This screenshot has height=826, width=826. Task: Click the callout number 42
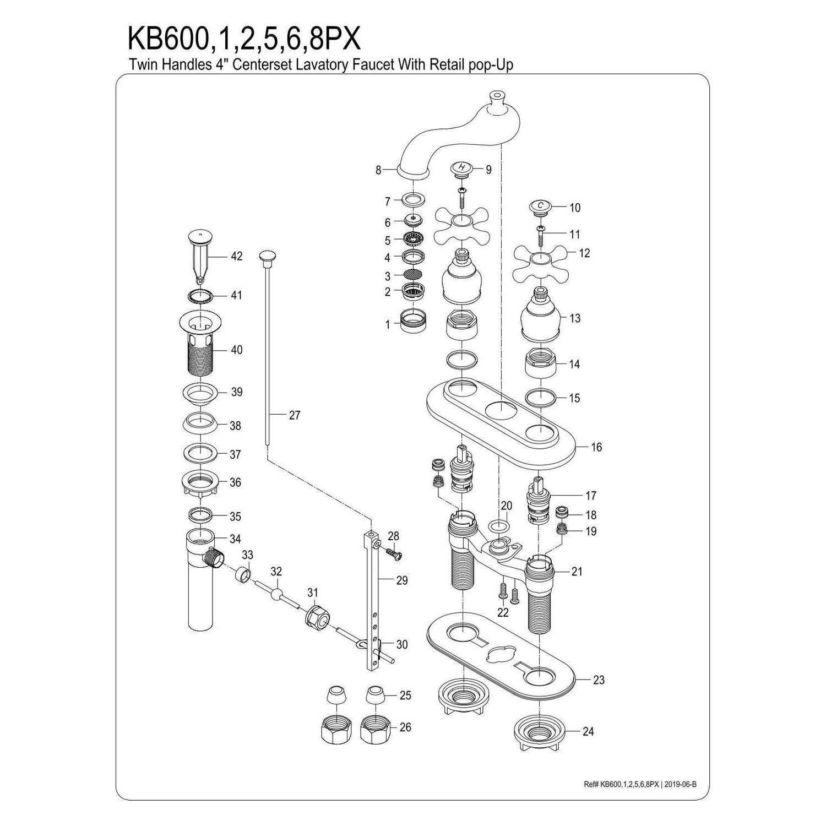(x=236, y=256)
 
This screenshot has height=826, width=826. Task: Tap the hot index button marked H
(x=461, y=168)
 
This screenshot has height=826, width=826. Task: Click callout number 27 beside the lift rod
(x=295, y=415)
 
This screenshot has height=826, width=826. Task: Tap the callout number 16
(x=596, y=447)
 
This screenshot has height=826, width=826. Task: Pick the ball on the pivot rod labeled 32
(x=276, y=593)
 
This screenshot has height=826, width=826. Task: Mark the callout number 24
(x=588, y=731)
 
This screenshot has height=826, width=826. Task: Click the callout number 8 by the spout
(x=378, y=170)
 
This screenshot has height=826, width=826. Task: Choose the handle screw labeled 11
(x=542, y=234)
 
